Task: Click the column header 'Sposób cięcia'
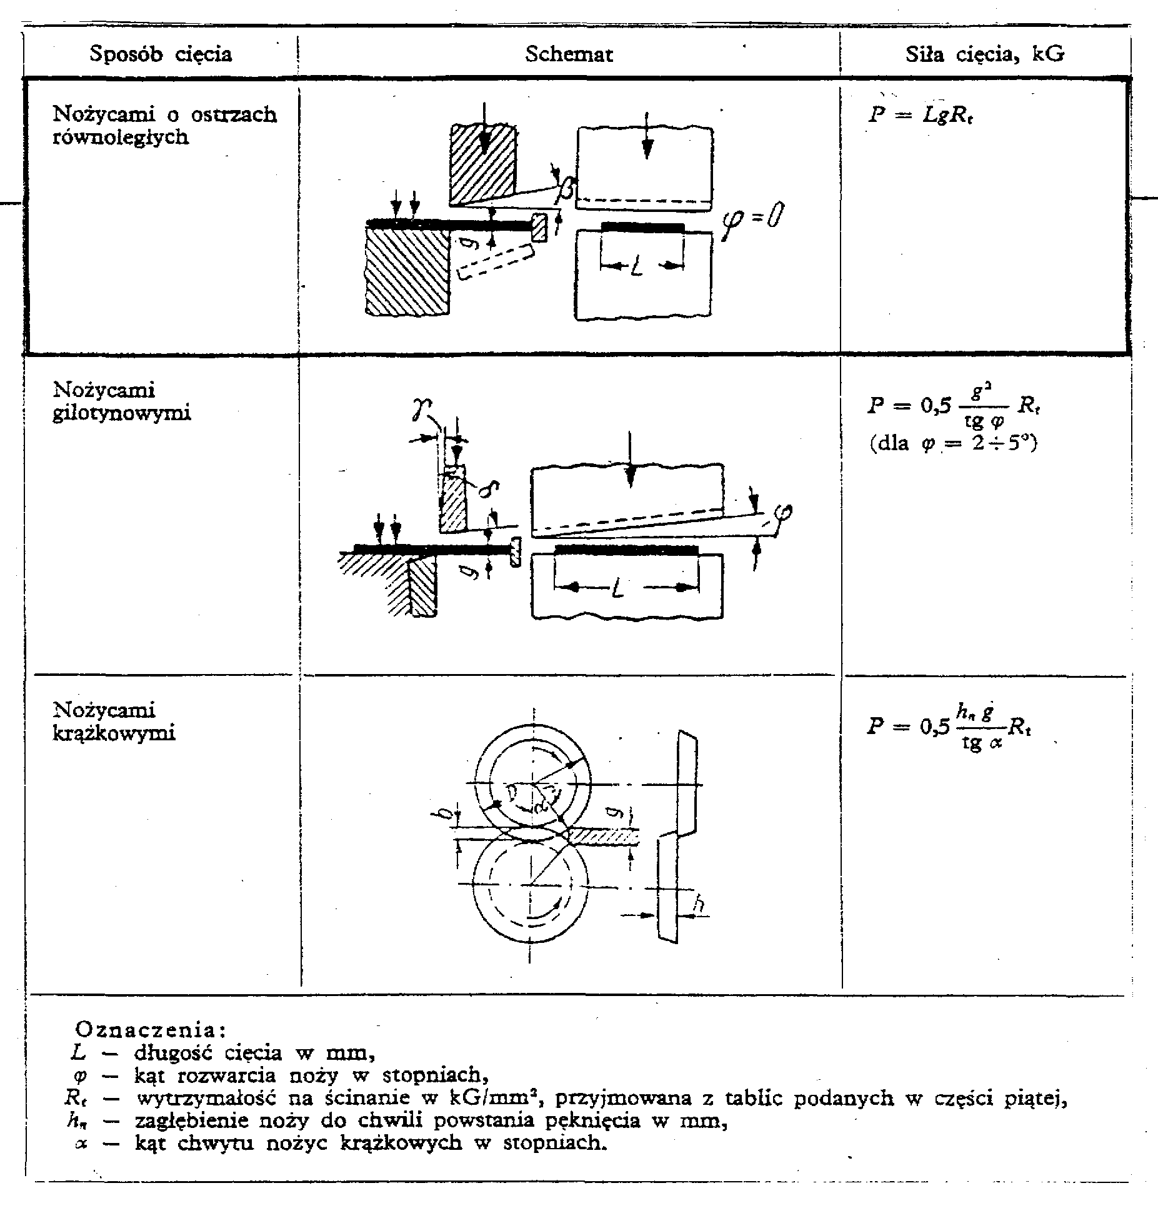[161, 54]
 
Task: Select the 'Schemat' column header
[569, 54]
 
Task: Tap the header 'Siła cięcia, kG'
[985, 54]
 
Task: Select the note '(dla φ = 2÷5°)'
[954, 445]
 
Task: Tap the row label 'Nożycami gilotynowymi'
[122, 401]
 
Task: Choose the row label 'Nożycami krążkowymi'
[114, 722]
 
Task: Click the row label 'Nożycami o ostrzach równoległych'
[165, 126]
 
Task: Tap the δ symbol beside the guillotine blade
[486, 489]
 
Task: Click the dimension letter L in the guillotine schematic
[617, 588]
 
